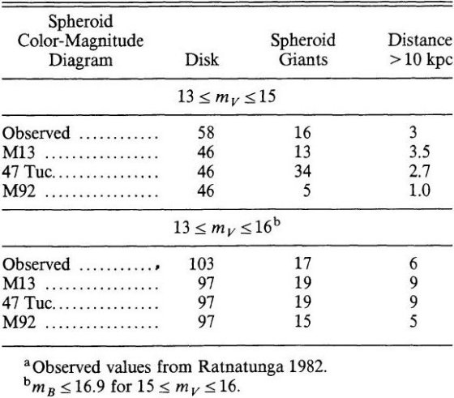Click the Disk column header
[202, 60]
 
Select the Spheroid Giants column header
[303, 49]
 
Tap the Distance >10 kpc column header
[421, 49]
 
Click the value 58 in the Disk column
[206, 133]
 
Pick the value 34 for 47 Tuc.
[302, 171]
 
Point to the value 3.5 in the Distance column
[420, 152]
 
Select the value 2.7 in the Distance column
[420, 171]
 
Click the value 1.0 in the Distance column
[420, 190]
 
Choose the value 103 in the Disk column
[202, 263]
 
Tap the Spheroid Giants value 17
[302, 263]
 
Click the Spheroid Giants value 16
[302, 133]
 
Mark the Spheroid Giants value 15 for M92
[302, 321]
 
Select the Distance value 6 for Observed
[413, 263]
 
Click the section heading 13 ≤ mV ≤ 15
[227, 97]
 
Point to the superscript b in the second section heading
[276, 224]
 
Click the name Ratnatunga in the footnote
[241, 367]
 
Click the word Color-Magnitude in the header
[80, 41]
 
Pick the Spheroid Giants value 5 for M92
[307, 190]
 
